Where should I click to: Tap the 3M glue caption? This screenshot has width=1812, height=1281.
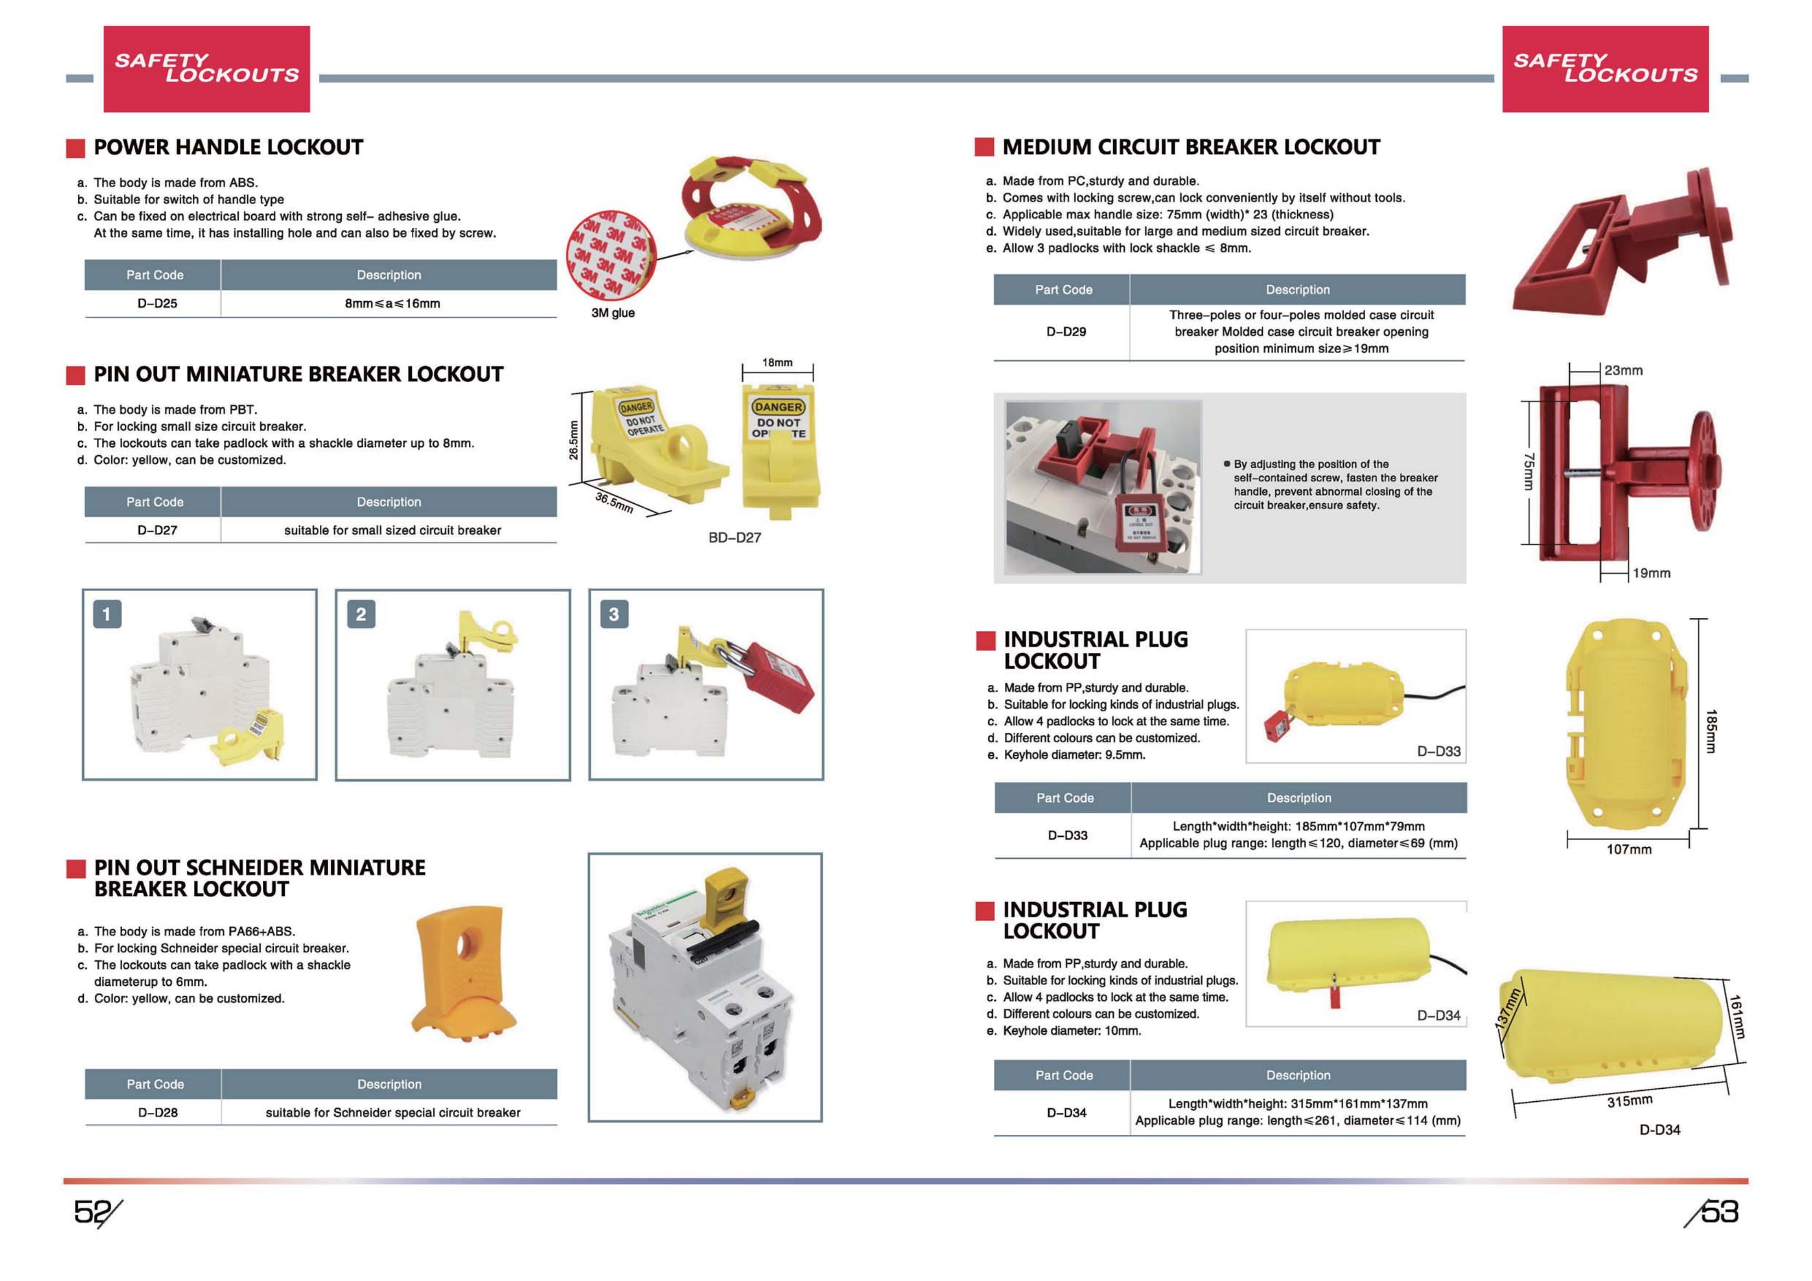pos(612,313)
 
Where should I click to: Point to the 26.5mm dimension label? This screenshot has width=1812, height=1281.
pos(574,440)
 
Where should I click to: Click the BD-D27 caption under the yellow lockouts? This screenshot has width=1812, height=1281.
pos(734,537)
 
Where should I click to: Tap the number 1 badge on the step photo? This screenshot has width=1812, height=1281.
pos(107,614)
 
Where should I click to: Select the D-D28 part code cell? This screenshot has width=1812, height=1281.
pos(158,1113)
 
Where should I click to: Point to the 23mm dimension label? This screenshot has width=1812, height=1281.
pos(1624,371)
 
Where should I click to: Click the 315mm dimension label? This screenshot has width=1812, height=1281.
pos(1629,1101)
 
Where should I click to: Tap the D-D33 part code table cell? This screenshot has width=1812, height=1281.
pos(1067,836)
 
